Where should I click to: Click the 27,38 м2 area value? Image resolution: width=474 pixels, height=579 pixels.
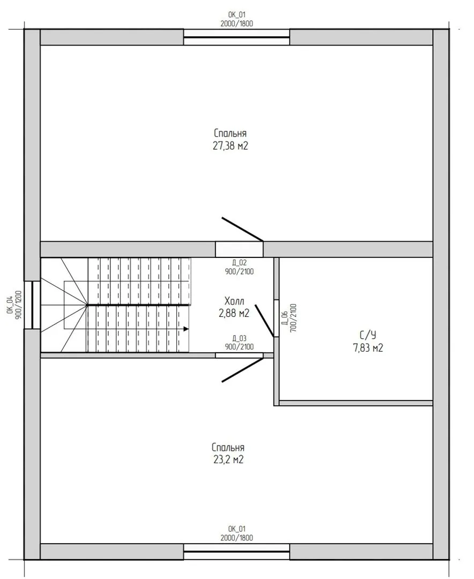(230, 146)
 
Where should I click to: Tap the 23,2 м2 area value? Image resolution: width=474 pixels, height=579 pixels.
(228, 460)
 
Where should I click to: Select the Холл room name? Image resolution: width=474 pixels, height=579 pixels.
(234, 301)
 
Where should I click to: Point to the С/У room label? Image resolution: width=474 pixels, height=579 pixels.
(368, 335)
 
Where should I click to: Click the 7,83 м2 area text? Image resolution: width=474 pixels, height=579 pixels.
(368, 348)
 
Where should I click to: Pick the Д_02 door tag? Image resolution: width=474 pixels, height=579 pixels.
(239, 263)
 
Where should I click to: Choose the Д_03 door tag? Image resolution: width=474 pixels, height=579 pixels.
(239, 338)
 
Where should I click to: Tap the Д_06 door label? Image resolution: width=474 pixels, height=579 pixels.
(285, 317)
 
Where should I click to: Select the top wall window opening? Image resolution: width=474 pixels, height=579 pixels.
(236, 38)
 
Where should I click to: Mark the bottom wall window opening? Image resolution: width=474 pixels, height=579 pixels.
(236, 552)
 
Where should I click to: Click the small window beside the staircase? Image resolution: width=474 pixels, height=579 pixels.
(33, 305)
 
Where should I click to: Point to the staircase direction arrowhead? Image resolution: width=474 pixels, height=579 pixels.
(186, 329)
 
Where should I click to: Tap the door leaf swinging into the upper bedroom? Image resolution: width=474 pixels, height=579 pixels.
(242, 229)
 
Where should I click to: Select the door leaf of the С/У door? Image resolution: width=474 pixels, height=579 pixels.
(264, 321)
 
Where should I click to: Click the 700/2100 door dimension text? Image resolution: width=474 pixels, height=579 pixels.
(294, 318)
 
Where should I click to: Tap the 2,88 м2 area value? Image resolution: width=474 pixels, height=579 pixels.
(234, 313)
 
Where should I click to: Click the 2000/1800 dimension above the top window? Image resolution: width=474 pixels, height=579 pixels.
(237, 24)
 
